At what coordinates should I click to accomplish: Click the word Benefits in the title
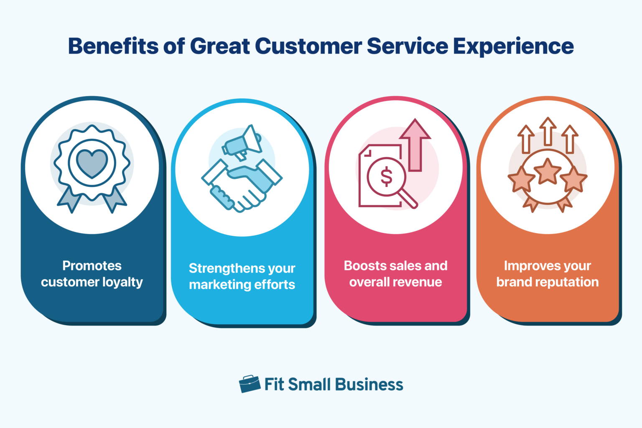point(113,46)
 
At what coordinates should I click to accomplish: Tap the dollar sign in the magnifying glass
point(386,176)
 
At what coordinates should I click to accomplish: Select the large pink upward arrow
point(415,144)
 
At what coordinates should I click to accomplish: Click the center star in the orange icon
point(548,171)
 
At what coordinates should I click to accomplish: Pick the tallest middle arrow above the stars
point(548,130)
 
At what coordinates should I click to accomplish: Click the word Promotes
point(92,266)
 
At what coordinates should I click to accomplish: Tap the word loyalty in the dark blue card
point(122,283)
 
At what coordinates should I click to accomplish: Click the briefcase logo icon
point(250,384)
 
